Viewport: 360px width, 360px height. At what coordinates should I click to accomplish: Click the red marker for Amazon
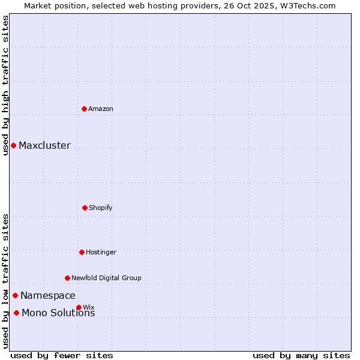[85, 109]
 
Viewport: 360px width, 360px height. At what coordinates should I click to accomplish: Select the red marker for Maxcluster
[13, 145]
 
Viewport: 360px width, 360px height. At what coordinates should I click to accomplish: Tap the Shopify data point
[85, 208]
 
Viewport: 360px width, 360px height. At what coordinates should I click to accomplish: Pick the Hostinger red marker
[82, 252]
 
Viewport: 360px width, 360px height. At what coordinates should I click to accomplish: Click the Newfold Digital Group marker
[67, 278]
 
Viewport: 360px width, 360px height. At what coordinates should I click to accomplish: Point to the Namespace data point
[15, 295]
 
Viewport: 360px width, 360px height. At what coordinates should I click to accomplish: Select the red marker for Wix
[79, 307]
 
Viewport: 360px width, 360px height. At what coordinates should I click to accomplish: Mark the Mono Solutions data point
[16, 313]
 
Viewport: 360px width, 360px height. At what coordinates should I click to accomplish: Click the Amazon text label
[101, 109]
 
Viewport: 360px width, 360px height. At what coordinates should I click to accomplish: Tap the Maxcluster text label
[44, 145]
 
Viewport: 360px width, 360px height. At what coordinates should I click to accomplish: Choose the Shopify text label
[101, 208]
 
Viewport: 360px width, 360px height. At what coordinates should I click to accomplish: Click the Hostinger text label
[101, 252]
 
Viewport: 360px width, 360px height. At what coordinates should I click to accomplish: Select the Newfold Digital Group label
[106, 278]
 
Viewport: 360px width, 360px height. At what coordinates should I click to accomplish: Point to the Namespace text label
[48, 295]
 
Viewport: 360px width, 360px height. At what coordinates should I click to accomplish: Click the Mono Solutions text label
[58, 313]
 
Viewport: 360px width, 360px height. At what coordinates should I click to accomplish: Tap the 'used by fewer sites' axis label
[62, 355]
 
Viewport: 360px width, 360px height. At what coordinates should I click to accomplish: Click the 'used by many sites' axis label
[301, 355]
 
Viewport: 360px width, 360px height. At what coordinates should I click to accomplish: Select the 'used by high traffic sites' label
[5, 85]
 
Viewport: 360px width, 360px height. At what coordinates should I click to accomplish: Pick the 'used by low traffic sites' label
[5, 281]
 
